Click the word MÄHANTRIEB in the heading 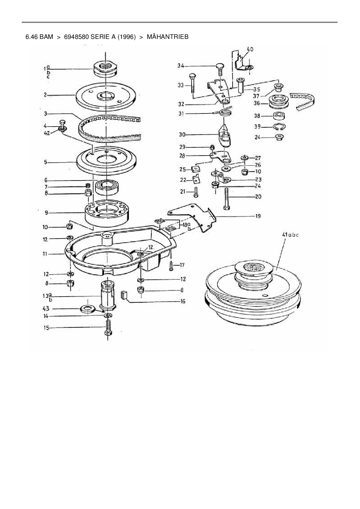[x=168, y=37]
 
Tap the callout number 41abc [x=290, y=235]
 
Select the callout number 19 [x=258, y=216]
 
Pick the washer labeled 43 [x=87, y=309]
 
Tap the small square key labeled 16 [x=124, y=295]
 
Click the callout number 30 [x=182, y=135]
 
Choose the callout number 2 [x=45, y=95]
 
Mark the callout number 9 [x=46, y=213]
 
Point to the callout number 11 [x=45, y=254]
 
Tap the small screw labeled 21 [x=196, y=192]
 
